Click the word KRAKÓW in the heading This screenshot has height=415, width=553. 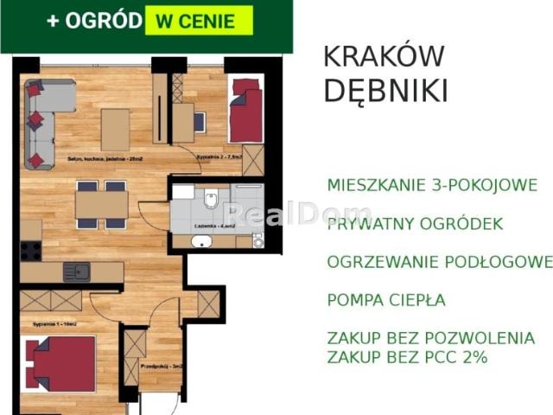click(384, 56)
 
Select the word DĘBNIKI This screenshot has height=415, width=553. click(385, 90)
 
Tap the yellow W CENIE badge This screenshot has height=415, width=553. click(199, 21)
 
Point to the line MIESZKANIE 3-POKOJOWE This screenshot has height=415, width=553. click(432, 185)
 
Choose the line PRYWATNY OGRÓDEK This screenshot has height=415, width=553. click(415, 224)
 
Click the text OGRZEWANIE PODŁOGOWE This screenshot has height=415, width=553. click(439, 262)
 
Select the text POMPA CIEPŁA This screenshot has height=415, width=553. click(386, 301)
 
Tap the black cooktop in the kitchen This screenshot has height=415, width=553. click(31, 251)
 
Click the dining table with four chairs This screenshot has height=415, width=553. click(101, 205)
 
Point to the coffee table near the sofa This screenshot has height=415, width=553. click(115, 129)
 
